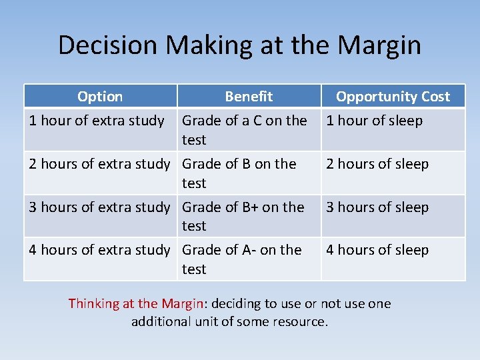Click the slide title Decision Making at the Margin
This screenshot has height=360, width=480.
(239, 45)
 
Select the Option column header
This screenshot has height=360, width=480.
(100, 97)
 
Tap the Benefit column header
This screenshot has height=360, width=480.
(249, 97)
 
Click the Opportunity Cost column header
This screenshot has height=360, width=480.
(393, 97)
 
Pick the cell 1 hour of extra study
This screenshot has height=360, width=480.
(97, 121)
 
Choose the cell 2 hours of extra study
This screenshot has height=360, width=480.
(99, 164)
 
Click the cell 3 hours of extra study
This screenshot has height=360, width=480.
(99, 207)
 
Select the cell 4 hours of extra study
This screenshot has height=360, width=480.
(99, 250)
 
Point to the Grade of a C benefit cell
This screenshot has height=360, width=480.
(244, 129)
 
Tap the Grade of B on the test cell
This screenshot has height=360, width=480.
(239, 173)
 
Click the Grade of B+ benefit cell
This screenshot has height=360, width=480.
(243, 216)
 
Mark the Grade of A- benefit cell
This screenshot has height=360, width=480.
(241, 259)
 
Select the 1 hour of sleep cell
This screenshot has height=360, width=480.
(374, 121)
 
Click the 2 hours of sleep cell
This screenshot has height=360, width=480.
(377, 164)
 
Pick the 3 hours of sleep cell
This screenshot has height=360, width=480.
(377, 207)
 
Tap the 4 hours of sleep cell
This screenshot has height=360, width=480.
(377, 250)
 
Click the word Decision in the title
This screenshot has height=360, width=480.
(108, 45)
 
